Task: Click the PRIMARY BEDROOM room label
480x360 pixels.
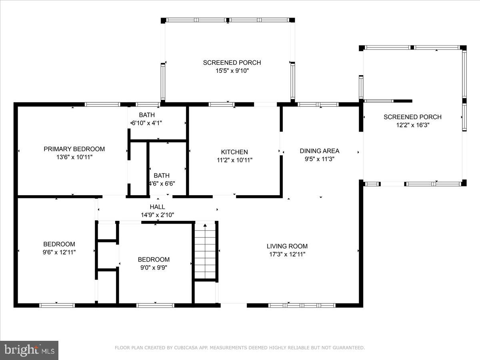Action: click(x=74, y=149)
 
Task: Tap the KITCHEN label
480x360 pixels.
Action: click(x=234, y=152)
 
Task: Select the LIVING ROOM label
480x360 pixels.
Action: click(x=287, y=246)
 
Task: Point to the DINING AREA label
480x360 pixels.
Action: click(x=320, y=151)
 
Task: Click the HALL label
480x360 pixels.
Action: click(x=157, y=207)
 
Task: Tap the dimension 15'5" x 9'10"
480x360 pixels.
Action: click(x=232, y=71)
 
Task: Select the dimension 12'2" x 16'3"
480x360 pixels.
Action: click(x=413, y=125)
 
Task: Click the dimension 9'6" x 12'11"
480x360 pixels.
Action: click(x=59, y=252)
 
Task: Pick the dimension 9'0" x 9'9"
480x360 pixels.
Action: click(x=154, y=268)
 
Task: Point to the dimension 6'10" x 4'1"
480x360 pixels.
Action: click(x=147, y=123)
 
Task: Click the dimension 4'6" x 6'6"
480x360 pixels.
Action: click(x=162, y=184)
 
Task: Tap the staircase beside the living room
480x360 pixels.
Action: click(x=205, y=251)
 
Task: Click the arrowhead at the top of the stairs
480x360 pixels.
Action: click(x=205, y=225)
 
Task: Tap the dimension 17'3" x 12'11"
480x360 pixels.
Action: click(x=287, y=254)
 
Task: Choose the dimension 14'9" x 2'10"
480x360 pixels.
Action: click(x=158, y=215)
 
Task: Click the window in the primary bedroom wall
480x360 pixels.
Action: click(x=102, y=104)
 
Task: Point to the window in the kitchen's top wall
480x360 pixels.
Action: click(x=221, y=104)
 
